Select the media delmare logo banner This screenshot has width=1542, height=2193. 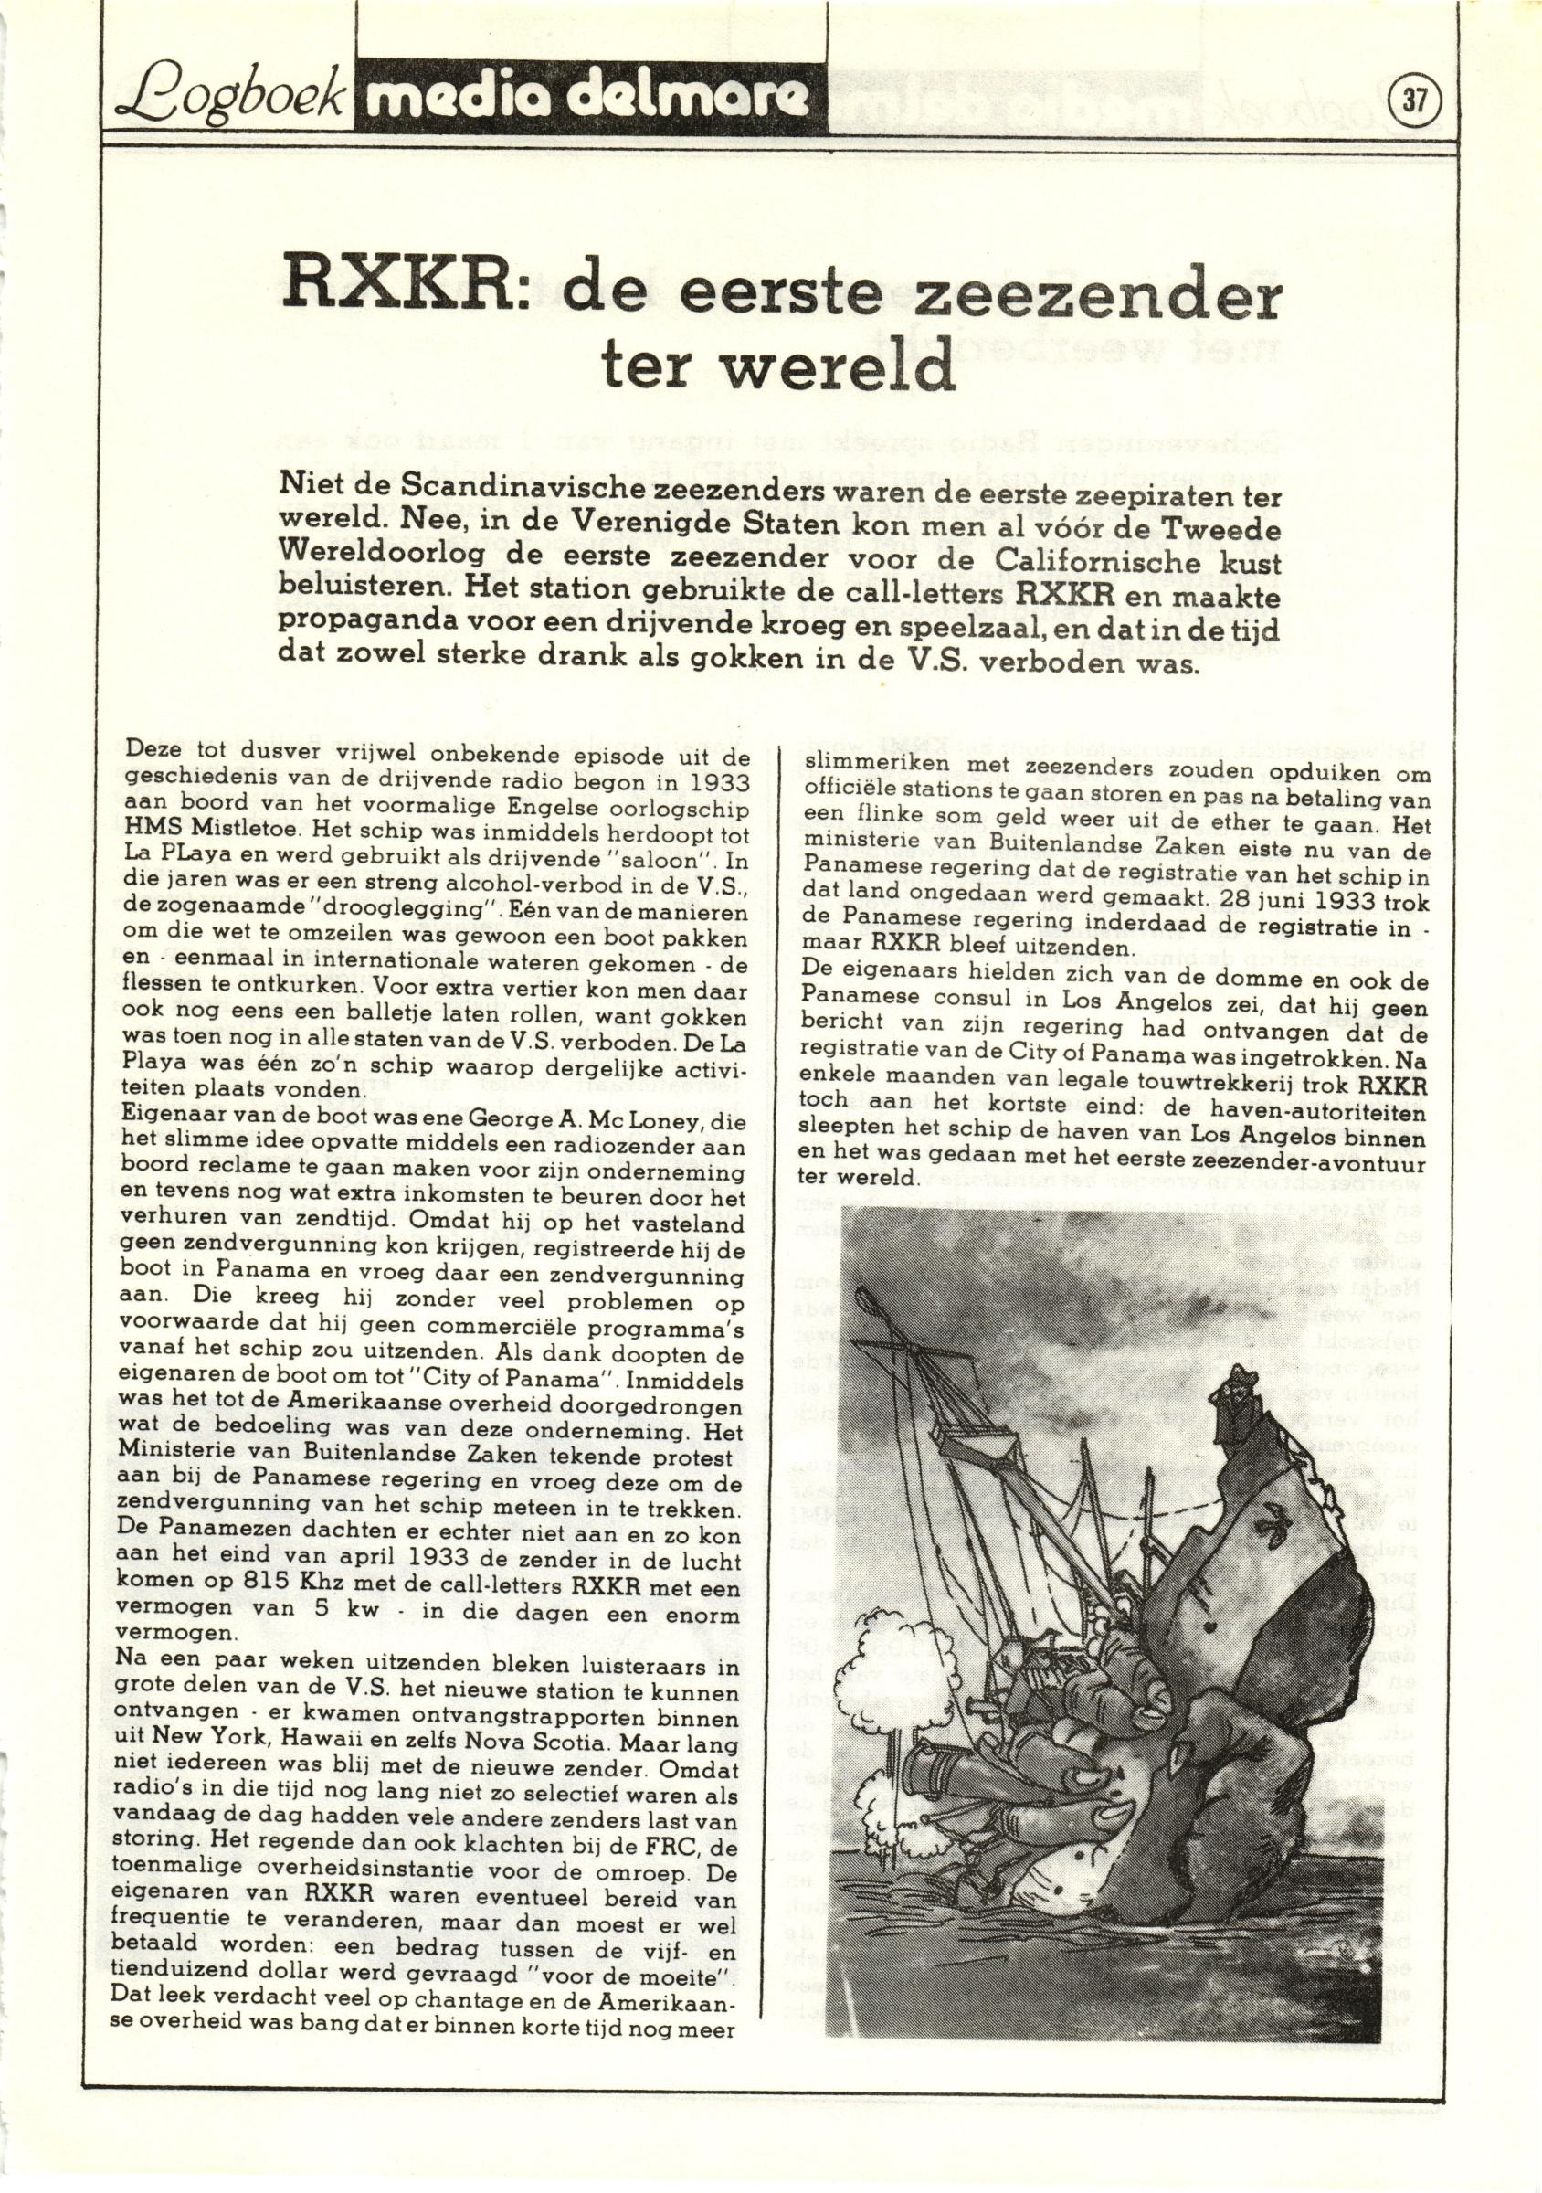588,101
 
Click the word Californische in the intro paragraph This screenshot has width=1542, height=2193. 1128,557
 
